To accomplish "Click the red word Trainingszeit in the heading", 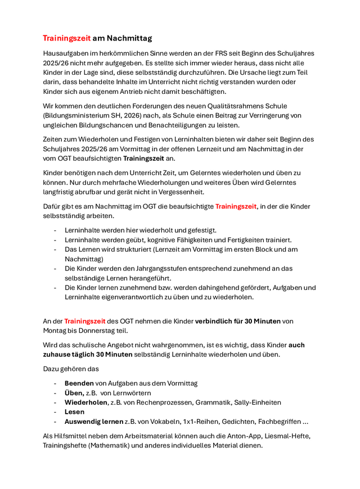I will [66, 38].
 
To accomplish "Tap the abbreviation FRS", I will [206, 53].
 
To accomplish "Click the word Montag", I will [56, 330].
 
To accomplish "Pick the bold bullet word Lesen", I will [74, 412].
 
